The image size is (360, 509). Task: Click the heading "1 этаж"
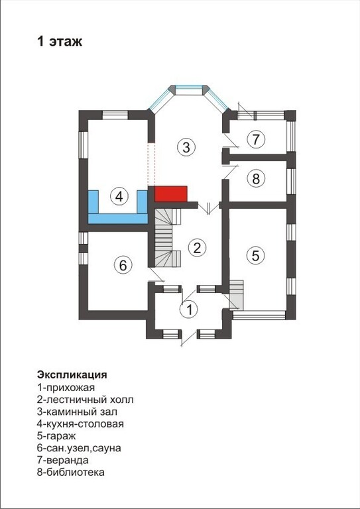click(60, 42)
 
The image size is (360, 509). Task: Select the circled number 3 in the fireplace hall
click(186, 147)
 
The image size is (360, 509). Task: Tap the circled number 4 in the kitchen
click(119, 196)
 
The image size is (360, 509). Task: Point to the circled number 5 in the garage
click(255, 255)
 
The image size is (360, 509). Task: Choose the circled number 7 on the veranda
click(256, 140)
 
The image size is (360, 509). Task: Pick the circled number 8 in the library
click(256, 178)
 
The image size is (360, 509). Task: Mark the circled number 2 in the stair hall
click(198, 248)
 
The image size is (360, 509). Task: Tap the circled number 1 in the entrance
click(188, 310)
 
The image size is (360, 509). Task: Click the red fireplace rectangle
click(171, 194)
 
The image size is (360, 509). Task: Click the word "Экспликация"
click(72, 374)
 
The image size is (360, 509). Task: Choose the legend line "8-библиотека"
click(71, 473)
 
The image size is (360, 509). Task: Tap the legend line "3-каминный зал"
click(78, 412)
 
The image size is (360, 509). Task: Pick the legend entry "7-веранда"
click(63, 460)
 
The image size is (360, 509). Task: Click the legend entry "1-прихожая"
click(66, 387)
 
